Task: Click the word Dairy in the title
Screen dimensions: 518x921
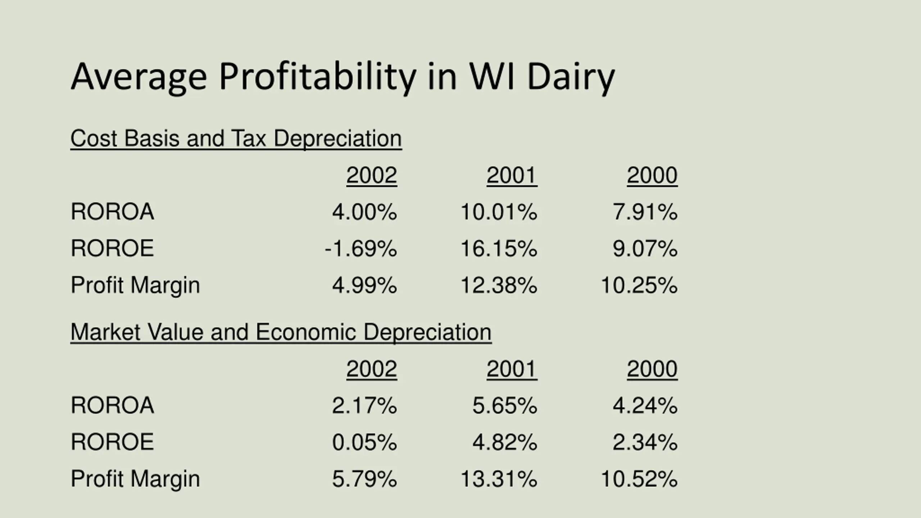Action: pos(571,77)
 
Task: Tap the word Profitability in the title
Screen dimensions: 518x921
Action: pos(317,77)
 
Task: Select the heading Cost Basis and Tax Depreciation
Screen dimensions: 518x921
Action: pos(236,138)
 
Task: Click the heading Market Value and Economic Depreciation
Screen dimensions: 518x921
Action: pos(281,332)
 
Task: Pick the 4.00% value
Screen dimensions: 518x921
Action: pos(364,212)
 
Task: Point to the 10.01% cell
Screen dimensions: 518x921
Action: pos(499,212)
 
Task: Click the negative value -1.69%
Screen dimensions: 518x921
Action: pos(360,249)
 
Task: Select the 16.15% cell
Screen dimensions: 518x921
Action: pos(499,249)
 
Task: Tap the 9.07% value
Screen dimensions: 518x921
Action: pos(645,249)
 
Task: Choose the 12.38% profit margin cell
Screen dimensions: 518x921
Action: pos(499,285)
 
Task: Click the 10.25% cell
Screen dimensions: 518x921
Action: pos(639,285)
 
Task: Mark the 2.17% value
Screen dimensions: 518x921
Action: pos(364,405)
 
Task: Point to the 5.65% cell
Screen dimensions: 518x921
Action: pos(504,405)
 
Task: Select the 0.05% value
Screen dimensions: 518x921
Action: pos(364,442)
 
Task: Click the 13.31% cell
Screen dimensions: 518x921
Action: pos(499,479)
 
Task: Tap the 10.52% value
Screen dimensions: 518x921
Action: pos(639,479)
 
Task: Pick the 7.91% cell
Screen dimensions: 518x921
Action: pos(645,212)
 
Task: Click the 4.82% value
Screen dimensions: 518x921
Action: pos(504,442)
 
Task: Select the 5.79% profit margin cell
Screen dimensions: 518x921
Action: pos(364,479)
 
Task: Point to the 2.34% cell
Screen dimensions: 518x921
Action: pos(645,442)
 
